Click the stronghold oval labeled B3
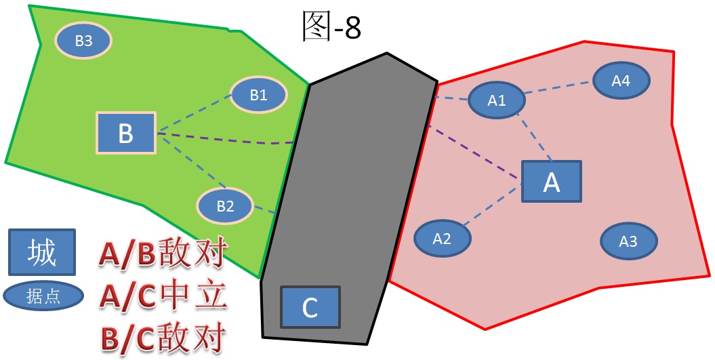[83, 41]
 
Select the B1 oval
[258, 95]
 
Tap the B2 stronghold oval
[225, 205]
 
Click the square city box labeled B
[126, 133]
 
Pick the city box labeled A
[552, 182]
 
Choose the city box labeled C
[310, 307]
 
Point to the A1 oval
[497, 100]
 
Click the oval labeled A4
[621, 81]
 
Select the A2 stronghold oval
[442, 238]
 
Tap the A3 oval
[628, 241]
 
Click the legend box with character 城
[41, 253]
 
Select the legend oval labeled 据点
[43, 296]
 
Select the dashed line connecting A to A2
[495, 206]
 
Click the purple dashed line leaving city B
[224, 140]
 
